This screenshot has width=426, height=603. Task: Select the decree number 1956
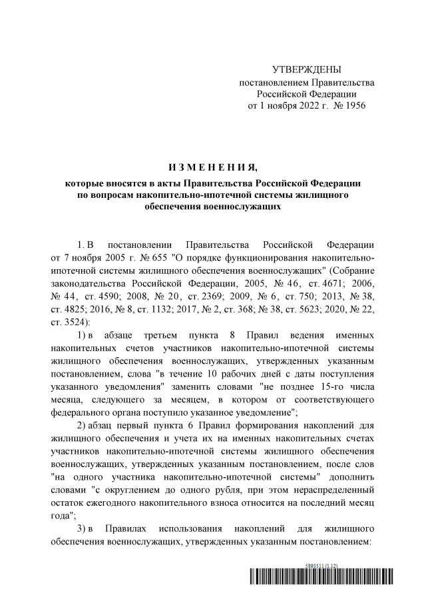click(353, 105)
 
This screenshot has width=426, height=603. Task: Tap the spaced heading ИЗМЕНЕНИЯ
click(212, 166)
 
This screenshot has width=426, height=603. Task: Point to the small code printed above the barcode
click(322, 566)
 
